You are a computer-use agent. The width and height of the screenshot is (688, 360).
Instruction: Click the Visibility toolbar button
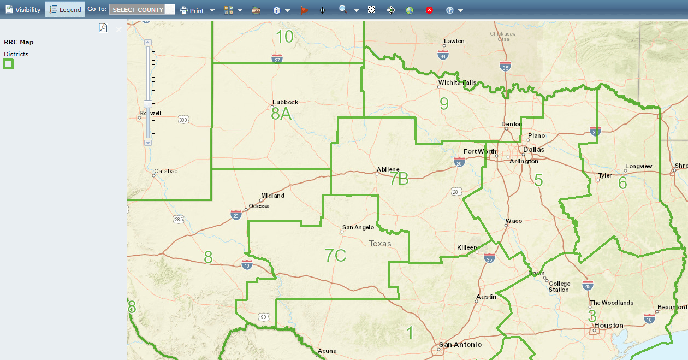click(x=23, y=10)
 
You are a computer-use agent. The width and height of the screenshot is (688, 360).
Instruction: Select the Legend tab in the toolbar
click(x=65, y=10)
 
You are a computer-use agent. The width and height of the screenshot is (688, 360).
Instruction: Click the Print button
click(x=192, y=10)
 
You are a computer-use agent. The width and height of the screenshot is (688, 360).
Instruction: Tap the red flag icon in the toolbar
click(x=304, y=10)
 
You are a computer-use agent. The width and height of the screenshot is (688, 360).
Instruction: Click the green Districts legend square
click(x=8, y=64)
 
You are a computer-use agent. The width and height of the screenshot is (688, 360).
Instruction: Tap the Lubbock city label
click(x=285, y=102)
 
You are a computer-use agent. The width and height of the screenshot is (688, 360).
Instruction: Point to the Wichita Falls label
click(x=457, y=83)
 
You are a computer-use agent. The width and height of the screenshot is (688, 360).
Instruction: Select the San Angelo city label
click(x=358, y=227)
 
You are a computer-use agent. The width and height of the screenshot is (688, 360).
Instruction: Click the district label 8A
click(x=281, y=114)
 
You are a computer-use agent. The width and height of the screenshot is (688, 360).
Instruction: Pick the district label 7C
click(x=335, y=255)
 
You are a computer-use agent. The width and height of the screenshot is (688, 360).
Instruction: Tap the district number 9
click(x=444, y=103)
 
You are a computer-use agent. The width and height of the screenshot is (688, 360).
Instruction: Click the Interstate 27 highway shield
click(x=277, y=58)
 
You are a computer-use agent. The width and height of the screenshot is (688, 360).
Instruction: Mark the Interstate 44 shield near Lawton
click(x=443, y=54)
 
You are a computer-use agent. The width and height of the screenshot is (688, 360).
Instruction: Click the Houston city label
click(x=609, y=326)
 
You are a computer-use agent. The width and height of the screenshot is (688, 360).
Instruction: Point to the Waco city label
click(x=514, y=221)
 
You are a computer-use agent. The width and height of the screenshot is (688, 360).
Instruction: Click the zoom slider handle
click(x=148, y=104)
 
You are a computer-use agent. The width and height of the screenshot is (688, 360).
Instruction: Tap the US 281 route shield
click(x=456, y=192)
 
